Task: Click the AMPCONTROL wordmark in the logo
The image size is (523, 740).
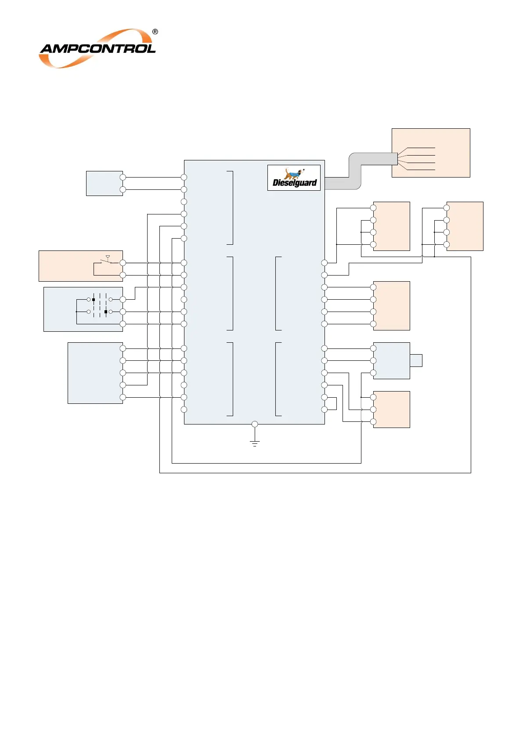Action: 97,48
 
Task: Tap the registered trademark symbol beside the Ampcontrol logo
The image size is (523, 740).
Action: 155,32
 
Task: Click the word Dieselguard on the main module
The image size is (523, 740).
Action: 295,183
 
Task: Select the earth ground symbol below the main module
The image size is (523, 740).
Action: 255,443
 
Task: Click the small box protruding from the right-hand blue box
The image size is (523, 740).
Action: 416,360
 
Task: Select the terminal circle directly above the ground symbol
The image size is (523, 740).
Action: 255,424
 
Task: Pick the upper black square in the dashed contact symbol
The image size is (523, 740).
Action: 94,300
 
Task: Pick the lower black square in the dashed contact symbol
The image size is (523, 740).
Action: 106,312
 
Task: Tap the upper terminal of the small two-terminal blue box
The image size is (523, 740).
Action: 123,177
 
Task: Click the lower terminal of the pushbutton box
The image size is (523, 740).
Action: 123,275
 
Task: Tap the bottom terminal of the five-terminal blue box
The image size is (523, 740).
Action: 123,397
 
